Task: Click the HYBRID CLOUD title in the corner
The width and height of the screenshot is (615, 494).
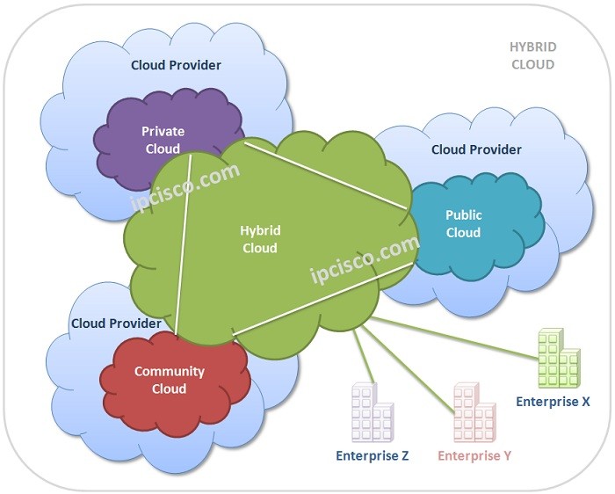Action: click(533, 55)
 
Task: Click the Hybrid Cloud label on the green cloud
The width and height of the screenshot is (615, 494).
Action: click(260, 239)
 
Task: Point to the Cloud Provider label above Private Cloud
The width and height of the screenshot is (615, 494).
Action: click(176, 65)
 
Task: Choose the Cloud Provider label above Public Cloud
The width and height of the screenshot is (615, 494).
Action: click(476, 149)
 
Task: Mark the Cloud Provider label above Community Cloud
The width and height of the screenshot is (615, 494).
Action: click(116, 323)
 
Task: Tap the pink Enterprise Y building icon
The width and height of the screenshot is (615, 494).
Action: click(475, 412)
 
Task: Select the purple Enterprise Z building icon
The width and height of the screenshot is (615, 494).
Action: click(372, 412)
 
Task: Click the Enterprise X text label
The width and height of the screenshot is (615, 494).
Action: click(553, 402)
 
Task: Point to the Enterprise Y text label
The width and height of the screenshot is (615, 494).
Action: click(474, 455)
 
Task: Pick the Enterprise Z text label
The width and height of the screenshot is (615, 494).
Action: click(372, 455)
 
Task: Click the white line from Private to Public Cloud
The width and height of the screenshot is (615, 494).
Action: click(325, 173)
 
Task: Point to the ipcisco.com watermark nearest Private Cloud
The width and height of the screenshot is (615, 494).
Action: click(185, 186)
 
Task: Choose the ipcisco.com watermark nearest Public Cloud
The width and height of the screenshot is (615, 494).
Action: click(365, 260)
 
